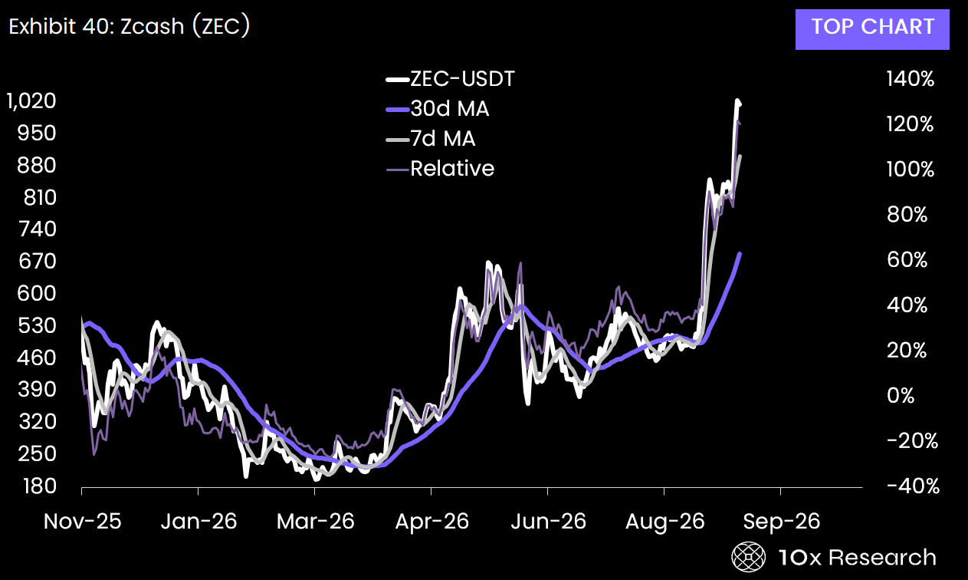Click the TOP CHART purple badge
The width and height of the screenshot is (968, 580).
872,29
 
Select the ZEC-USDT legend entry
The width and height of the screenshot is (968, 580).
451,79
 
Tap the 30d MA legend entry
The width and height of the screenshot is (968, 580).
438,109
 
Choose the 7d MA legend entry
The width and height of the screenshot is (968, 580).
431,139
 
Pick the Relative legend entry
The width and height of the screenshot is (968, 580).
440,169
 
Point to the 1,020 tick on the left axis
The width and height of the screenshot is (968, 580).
31,101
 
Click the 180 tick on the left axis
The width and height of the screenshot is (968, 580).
40,486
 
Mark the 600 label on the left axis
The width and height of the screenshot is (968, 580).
37,294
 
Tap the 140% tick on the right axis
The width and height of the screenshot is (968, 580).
911,79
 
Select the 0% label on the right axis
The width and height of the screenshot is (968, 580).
901,396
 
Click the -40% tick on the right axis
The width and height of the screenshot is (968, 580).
913,486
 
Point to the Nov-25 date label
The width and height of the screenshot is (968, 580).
82,522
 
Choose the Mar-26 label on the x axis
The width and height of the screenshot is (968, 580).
316,522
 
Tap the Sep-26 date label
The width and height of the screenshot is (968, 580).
781,522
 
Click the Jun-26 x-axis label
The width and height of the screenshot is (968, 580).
549,522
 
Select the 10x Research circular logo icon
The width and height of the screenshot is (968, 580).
749,557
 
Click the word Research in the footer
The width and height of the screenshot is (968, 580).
882,557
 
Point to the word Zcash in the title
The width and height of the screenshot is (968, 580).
152,27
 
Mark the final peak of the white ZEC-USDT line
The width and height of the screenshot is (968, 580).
737,101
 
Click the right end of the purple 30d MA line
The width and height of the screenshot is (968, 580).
740,254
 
